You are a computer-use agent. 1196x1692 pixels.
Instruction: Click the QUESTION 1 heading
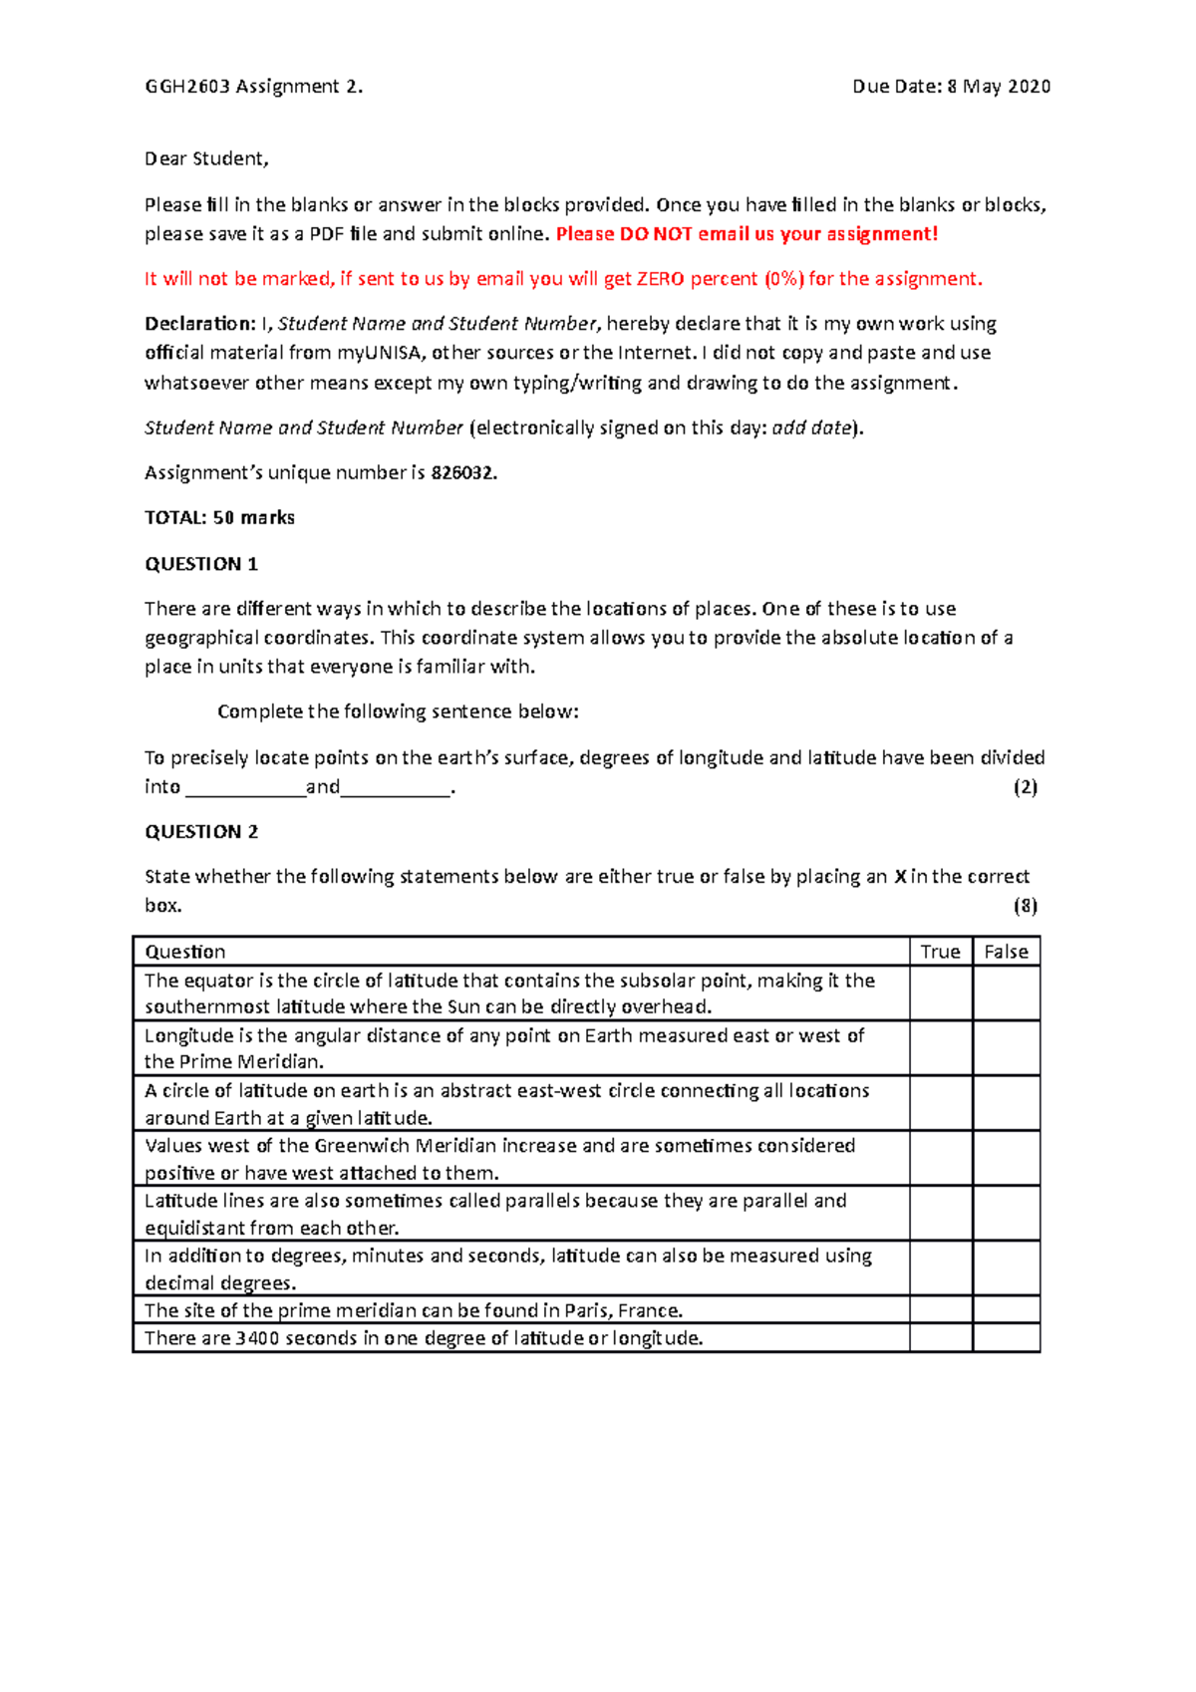(x=201, y=564)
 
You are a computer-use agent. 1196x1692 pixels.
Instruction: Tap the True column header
(x=940, y=952)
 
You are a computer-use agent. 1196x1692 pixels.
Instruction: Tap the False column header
(x=1006, y=952)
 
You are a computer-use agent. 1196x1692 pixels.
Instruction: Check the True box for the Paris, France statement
(x=940, y=1310)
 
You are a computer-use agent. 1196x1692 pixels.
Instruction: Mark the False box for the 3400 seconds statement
(x=1006, y=1338)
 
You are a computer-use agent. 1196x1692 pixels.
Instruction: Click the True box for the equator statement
(x=940, y=993)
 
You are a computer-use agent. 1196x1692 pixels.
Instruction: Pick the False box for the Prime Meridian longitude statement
(x=1006, y=1048)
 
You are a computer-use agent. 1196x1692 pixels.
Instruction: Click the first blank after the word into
(x=245, y=788)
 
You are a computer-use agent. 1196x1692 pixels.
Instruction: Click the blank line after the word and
(x=396, y=788)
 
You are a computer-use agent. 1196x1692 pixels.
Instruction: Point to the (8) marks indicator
(x=1026, y=906)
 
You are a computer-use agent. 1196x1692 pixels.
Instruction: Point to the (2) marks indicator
(x=1026, y=787)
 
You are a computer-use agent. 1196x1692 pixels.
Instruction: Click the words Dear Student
(x=206, y=158)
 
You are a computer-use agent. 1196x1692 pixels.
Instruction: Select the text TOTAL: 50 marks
(x=219, y=518)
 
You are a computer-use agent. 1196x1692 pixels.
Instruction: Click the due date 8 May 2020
(x=999, y=87)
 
